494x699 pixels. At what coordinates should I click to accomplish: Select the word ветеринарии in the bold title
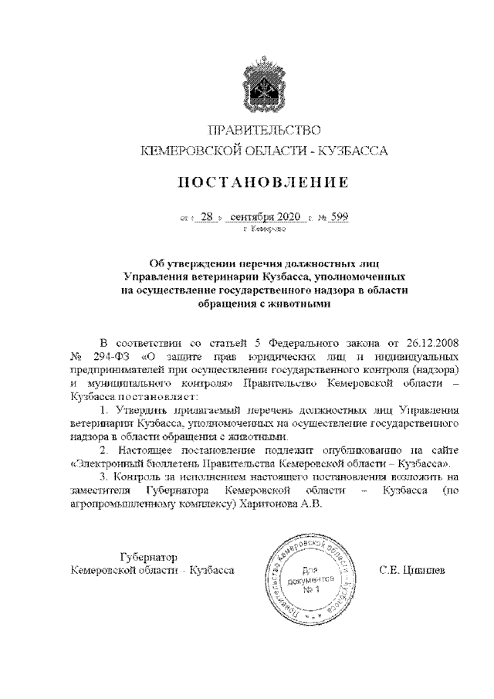(222, 276)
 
